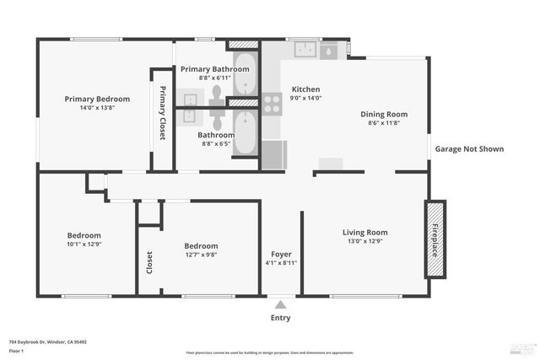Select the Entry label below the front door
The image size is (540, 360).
pyautogui.click(x=280, y=318)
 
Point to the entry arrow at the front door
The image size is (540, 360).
pyautogui.click(x=280, y=304)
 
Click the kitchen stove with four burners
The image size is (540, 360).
pyautogui.click(x=272, y=104)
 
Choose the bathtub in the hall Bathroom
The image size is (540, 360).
pyautogui.click(x=245, y=133)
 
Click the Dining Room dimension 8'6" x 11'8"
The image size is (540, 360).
pyautogui.click(x=384, y=124)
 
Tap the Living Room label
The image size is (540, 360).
pyautogui.click(x=364, y=233)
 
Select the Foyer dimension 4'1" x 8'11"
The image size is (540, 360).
pyautogui.click(x=281, y=262)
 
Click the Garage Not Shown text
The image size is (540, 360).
pyautogui.click(x=469, y=149)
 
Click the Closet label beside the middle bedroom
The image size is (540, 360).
pyautogui.click(x=150, y=263)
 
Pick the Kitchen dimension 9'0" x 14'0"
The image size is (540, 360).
pyautogui.click(x=306, y=99)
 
